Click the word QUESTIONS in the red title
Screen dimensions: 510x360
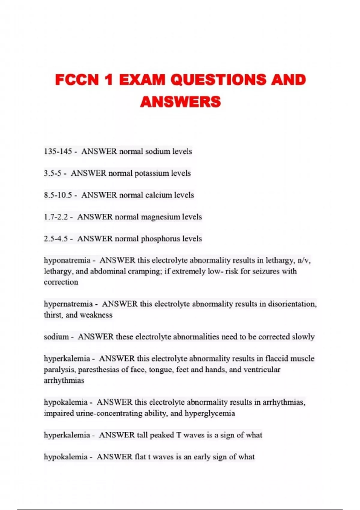pos(218,80)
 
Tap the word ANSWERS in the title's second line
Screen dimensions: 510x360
pos(180,102)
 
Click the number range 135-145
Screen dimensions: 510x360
pos(58,151)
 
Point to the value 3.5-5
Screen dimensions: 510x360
pos(52,173)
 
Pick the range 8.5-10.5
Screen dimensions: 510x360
pos(58,195)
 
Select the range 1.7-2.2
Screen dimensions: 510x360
pos(56,217)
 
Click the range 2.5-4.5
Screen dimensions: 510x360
pos(56,239)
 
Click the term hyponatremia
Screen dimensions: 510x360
pos(67,260)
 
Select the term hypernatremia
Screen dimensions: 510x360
pos(68,304)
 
